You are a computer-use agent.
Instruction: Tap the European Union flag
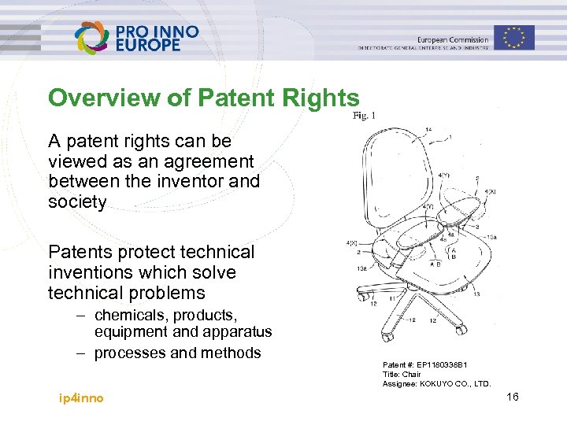(514, 37)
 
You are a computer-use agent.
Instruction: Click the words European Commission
(453, 39)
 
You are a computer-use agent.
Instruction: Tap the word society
(77, 201)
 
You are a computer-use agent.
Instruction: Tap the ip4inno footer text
(81, 397)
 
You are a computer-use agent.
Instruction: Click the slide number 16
(512, 397)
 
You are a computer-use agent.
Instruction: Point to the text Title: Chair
(402, 375)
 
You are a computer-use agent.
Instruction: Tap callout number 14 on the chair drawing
(428, 129)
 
